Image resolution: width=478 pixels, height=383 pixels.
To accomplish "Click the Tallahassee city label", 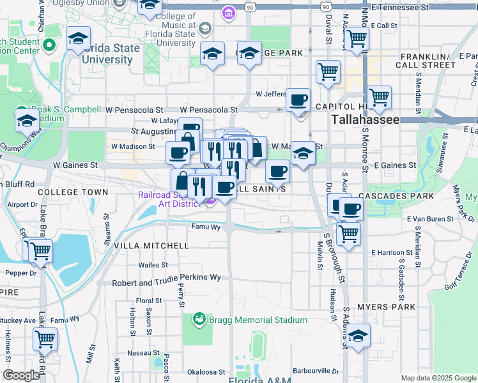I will [x=366, y=119].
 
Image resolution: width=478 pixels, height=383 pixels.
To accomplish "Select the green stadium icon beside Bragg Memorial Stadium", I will [x=199, y=317].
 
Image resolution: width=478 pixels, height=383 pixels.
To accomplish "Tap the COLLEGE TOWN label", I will [x=73, y=192].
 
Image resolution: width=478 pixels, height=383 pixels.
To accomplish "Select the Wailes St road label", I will [x=153, y=265].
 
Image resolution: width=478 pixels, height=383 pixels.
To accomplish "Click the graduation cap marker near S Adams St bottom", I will [x=358, y=336].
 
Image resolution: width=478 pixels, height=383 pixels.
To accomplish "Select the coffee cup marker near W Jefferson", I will [x=298, y=100].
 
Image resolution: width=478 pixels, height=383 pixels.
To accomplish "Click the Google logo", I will [x=21, y=375].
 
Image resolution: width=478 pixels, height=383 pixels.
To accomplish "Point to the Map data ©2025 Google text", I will [x=438, y=378].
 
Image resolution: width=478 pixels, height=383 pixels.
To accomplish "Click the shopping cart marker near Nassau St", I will [x=45, y=339].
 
